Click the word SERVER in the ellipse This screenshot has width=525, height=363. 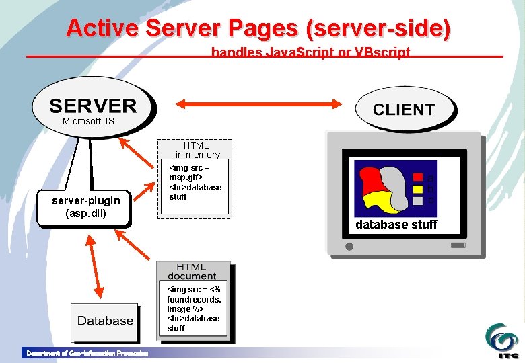coord(93,106)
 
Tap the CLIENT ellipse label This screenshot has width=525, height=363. coord(404,110)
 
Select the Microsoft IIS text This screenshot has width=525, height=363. coord(88,122)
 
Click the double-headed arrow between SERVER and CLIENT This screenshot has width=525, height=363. coord(259,104)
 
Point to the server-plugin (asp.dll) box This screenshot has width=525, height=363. coord(86,207)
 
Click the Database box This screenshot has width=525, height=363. coord(105,321)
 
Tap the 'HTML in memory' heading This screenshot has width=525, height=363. coord(196,149)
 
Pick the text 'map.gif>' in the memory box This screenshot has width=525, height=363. coord(186,177)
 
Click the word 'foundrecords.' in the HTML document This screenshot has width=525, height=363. coord(194,299)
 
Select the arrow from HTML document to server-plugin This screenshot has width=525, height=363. coord(135,249)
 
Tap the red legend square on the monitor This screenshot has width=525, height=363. coord(418,177)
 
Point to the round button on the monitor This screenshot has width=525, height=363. coord(349,247)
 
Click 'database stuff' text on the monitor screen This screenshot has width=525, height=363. coord(396,225)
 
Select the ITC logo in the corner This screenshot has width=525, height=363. coord(503,341)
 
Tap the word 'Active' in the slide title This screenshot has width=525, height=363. coord(102,28)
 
